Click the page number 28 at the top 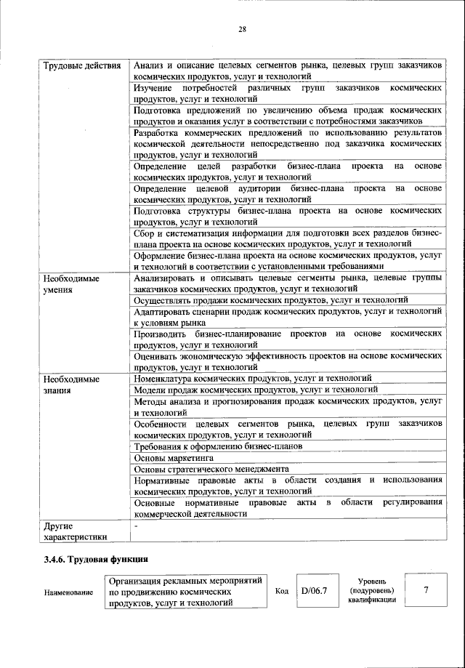(x=242, y=29)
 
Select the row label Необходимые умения (x=70, y=284)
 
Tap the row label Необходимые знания (x=70, y=384)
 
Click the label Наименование (x=68, y=593)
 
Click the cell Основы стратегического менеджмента (x=211, y=470)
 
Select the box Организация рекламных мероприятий (x=186, y=592)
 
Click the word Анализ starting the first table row (x=151, y=65)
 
